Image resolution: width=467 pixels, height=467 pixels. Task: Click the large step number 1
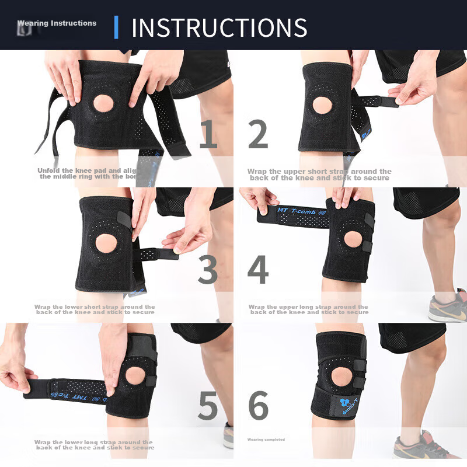point(208,134)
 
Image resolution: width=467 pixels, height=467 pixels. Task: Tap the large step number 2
point(258,134)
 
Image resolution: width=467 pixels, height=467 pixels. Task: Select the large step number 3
point(208,270)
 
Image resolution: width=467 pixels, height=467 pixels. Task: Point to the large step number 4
point(258,270)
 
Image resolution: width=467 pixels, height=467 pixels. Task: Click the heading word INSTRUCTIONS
point(219,27)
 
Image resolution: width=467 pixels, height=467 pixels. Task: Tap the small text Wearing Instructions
point(57,23)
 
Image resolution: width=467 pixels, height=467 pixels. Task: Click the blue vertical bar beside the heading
point(116,27)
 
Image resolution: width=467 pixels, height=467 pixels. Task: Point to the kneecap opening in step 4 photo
point(353,239)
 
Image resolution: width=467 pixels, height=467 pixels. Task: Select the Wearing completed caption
point(266,440)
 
